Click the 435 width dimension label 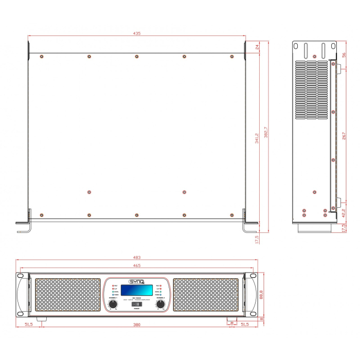(x=137, y=33)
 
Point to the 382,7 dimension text (x=265, y=132)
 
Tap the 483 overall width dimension (x=137, y=257)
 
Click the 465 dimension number (x=137, y=265)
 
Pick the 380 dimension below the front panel (x=137, y=325)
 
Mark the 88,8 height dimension (x=262, y=294)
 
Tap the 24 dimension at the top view (x=256, y=47)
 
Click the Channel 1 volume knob (x=113, y=304)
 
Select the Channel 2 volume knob (x=160, y=304)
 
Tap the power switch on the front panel (x=136, y=305)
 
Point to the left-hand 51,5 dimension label (x=29, y=325)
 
